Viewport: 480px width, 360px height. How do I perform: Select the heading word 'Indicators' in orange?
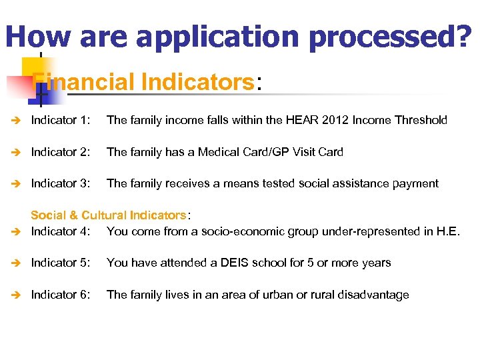[x=197, y=82]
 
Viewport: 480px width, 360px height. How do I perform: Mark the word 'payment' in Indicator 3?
[x=415, y=183]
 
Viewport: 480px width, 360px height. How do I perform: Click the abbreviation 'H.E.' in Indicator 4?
[x=447, y=231]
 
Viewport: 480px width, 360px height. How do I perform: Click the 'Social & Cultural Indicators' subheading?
[x=109, y=215]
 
